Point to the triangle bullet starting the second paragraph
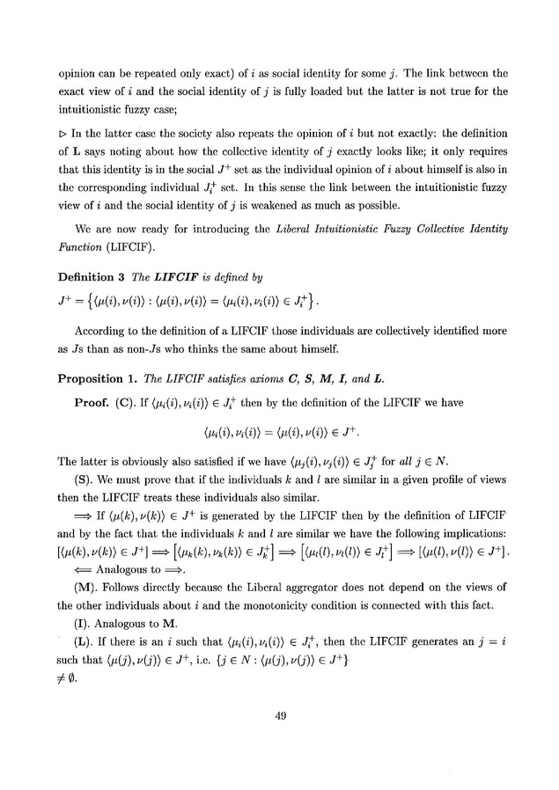[x=63, y=133]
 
